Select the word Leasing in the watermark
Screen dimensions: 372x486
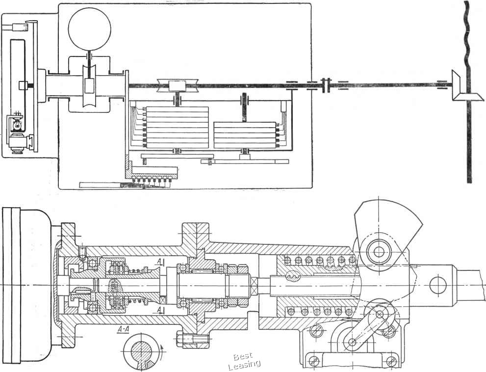point(244,365)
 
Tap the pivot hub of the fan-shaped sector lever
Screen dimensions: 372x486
point(378,251)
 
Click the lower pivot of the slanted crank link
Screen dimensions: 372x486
point(351,342)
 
